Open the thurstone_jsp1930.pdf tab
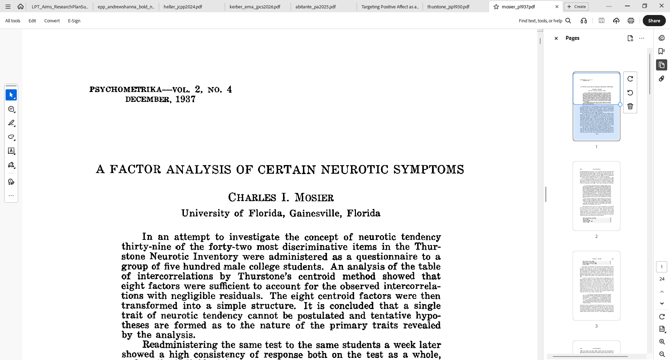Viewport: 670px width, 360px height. (x=448, y=7)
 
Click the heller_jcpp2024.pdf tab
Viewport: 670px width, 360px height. (x=183, y=7)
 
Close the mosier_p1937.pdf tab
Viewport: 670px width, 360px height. (x=557, y=7)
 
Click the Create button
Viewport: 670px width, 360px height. (x=576, y=7)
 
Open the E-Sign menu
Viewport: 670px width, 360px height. (x=74, y=21)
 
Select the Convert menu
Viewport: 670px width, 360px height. (x=52, y=21)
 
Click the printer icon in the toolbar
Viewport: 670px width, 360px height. (x=631, y=21)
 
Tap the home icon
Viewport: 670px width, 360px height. (x=21, y=6)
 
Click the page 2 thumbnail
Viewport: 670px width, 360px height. (x=596, y=196)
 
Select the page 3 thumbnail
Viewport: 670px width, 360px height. (x=596, y=285)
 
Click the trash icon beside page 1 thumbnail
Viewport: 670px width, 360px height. (x=630, y=106)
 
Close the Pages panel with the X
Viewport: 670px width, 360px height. (x=556, y=38)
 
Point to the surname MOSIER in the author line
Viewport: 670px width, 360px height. (x=314, y=197)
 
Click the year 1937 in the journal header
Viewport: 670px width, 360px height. (x=185, y=99)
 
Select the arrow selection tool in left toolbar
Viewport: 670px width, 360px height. (x=11, y=95)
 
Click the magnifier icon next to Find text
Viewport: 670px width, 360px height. (x=568, y=21)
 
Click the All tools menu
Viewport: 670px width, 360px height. (x=13, y=21)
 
